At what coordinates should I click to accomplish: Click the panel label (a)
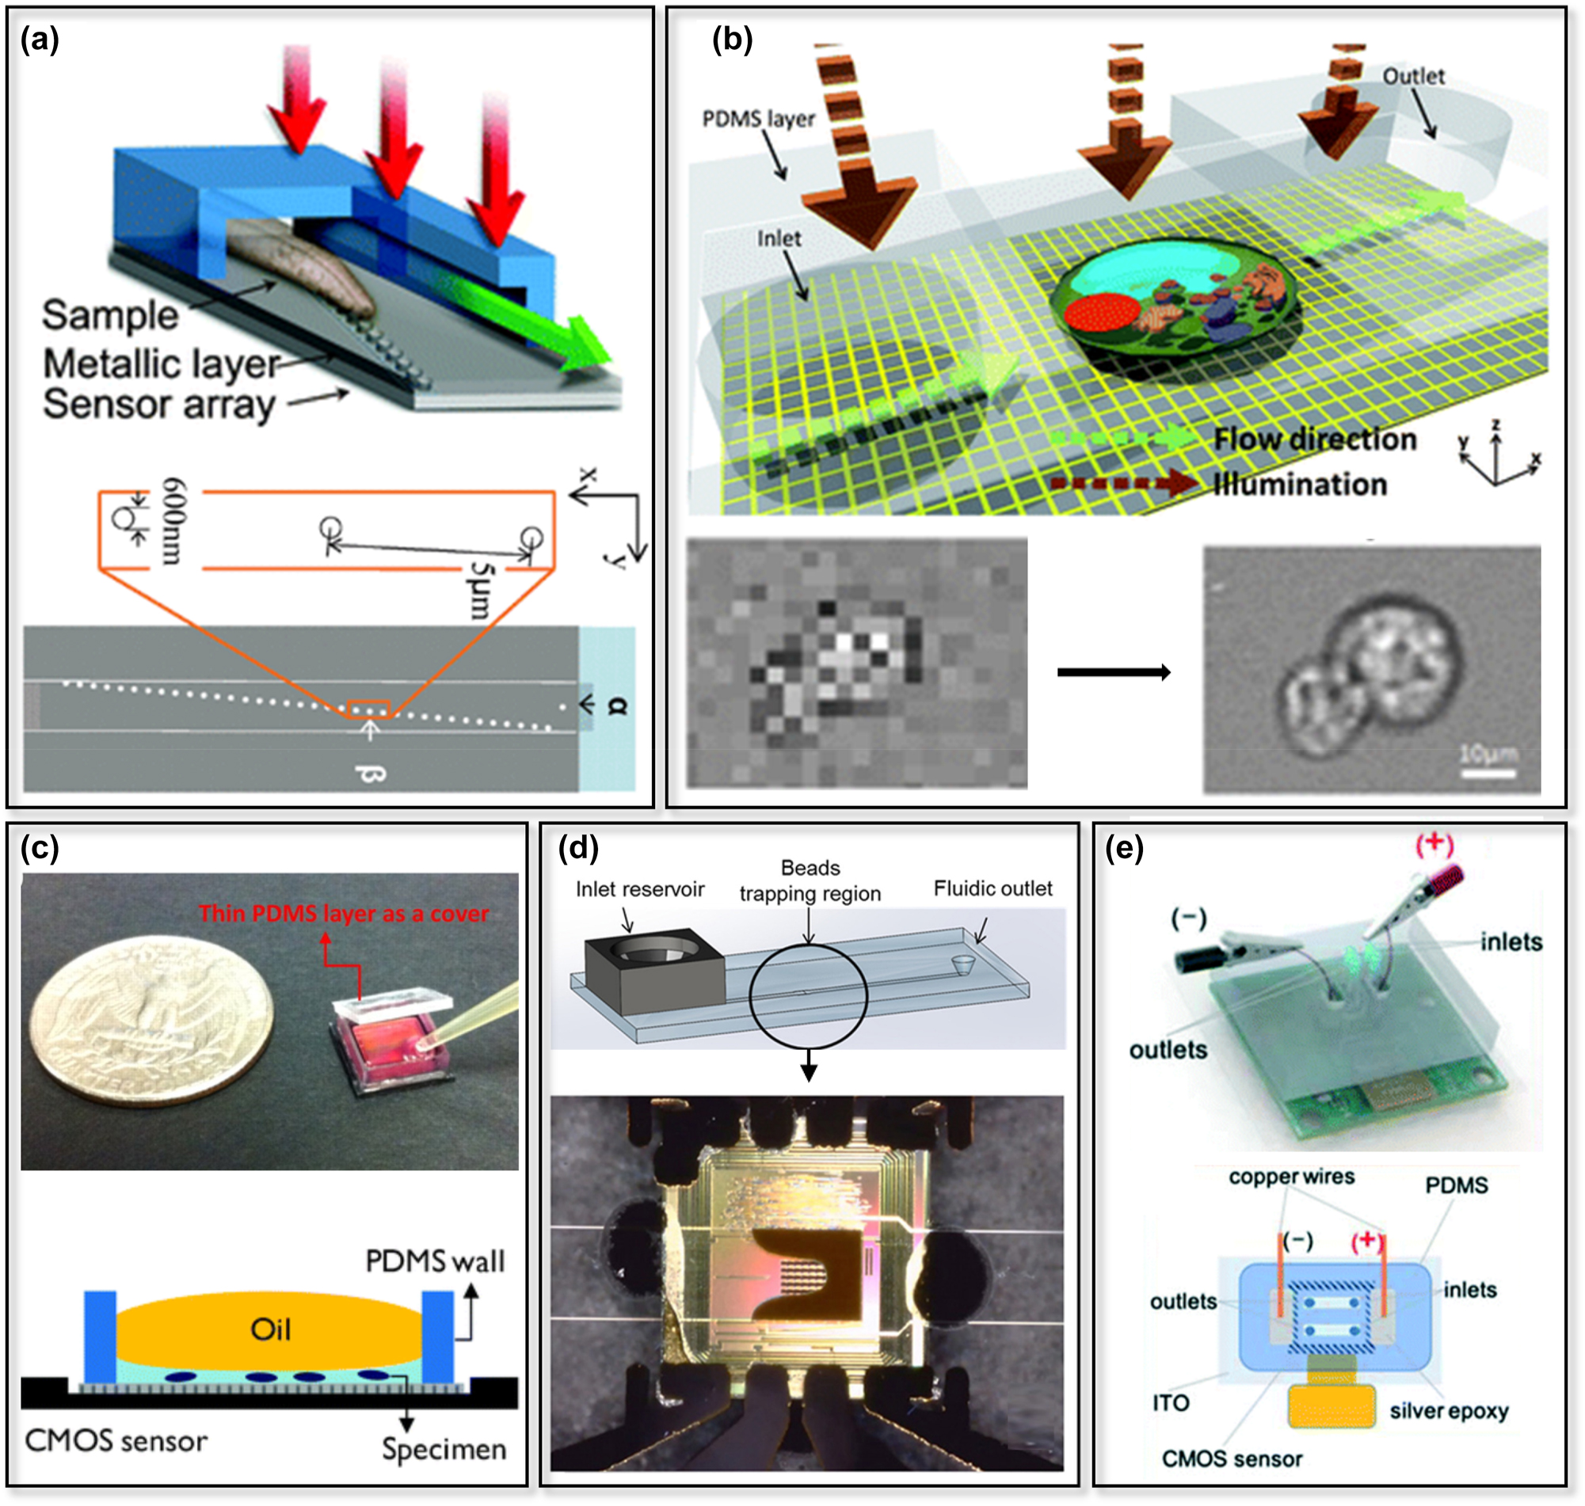pyautogui.click(x=40, y=40)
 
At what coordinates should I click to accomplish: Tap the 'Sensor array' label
pyautogui.click(x=159, y=404)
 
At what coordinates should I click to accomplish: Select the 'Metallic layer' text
pyautogui.click(x=162, y=363)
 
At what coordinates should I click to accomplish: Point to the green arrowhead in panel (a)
pyautogui.click(x=585, y=345)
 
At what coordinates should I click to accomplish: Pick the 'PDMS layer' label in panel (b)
pyautogui.click(x=757, y=119)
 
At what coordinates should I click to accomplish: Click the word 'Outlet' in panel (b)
pyautogui.click(x=1412, y=76)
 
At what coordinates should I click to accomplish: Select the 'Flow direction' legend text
pyautogui.click(x=1314, y=439)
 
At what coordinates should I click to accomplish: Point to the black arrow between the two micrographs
pyautogui.click(x=1113, y=672)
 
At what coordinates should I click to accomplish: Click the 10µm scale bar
pyautogui.click(x=1486, y=773)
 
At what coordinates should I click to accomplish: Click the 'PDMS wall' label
pyautogui.click(x=434, y=1261)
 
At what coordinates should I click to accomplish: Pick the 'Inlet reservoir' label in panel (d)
pyautogui.click(x=639, y=888)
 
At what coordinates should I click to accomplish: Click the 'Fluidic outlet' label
pyautogui.click(x=993, y=888)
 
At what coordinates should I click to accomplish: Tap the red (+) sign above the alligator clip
pyautogui.click(x=1435, y=844)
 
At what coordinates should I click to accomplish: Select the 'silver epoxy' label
pyautogui.click(x=1449, y=1410)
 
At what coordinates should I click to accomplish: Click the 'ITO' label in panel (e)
pyautogui.click(x=1170, y=1402)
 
